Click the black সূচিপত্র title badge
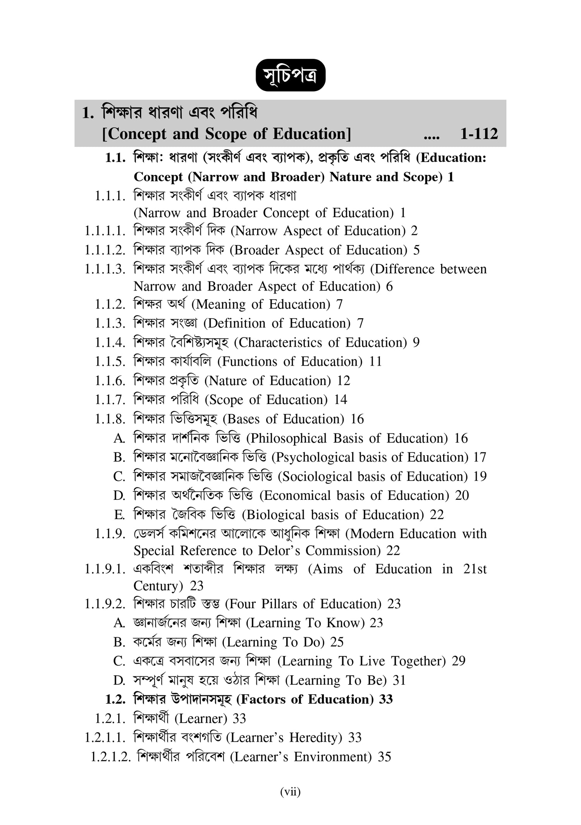click(290, 75)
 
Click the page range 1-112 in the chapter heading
click(479, 134)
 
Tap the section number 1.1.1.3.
click(105, 269)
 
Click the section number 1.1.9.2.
click(105, 604)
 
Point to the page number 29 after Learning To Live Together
click(459, 661)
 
